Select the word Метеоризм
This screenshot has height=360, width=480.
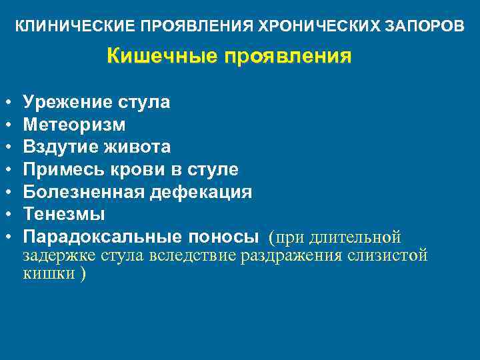click(x=74, y=125)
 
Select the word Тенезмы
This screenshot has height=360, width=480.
click(x=64, y=214)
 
